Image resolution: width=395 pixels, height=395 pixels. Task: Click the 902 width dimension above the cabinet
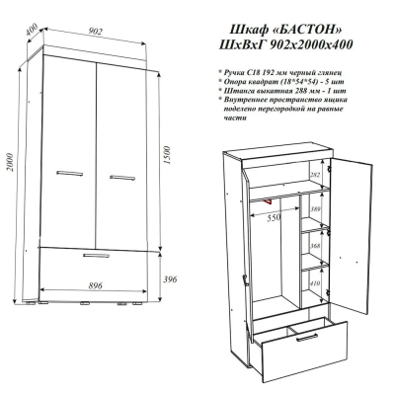pyautogui.click(x=96, y=32)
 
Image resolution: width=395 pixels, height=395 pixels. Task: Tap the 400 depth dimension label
pyautogui.click(x=32, y=30)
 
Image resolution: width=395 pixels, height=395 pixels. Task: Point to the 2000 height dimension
pyautogui.click(x=10, y=162)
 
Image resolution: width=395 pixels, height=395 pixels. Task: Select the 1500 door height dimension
pyautogui.click(x=167, y=155)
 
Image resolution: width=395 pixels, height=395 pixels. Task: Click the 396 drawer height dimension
pyautogui.click(x=170, y=279)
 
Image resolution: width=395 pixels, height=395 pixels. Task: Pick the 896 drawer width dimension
pyautogui.click(x=95, y=285)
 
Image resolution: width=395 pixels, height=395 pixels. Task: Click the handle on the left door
pyautogui.click(x=69, y=173)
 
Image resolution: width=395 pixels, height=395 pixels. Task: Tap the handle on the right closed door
pyautogui.click(x=122, y=178)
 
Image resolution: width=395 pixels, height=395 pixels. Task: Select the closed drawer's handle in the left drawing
pyautogui.click(x=96, y=256)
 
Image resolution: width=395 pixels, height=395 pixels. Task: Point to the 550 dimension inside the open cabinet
pyautogui.click(x=274, y=217)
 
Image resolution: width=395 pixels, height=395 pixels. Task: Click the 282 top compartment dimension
pyautogui.click(x=315, y=175)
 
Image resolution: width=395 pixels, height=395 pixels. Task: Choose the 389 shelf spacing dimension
pyautogui.click(x=315, y=208)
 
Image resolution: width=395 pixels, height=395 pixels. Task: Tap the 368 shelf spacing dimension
pyautogui.click(x=315, y=246)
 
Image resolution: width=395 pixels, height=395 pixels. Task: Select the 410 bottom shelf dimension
pyautogui.click(x=315, y=283)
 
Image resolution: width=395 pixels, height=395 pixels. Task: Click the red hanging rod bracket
pyautogui.click(x=268, y=200)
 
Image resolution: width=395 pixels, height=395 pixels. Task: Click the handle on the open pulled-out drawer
pyautogui.click(x=307, y=338)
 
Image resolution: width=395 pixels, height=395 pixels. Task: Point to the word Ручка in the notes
pyautogui.click(x=233, y=72)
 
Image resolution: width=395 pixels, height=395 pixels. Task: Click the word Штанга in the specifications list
pyautogui.click(x=235, y=91)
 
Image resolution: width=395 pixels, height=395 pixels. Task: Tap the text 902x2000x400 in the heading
pyautogui.click(x=311, y=44)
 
